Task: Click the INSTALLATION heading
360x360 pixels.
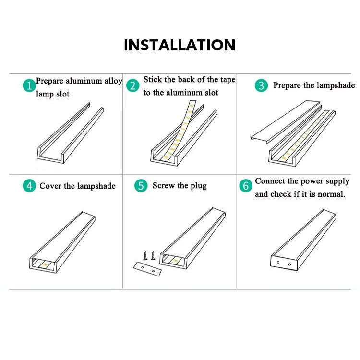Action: tap(180, 45)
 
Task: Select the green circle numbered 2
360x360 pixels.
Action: tap(133, 86)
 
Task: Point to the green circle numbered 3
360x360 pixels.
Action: tap(261, 86)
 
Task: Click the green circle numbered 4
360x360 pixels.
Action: tap(30, 186)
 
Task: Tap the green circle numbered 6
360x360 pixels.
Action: tap(246, 186)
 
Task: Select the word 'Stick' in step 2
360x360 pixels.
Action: tap(153, 80)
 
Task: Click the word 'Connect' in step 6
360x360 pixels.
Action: tap(270, 181)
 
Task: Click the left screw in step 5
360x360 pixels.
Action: tap(145, 255)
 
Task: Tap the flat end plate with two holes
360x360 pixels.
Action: tap(146, 268)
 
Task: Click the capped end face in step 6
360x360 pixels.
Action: tap(283, 263)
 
